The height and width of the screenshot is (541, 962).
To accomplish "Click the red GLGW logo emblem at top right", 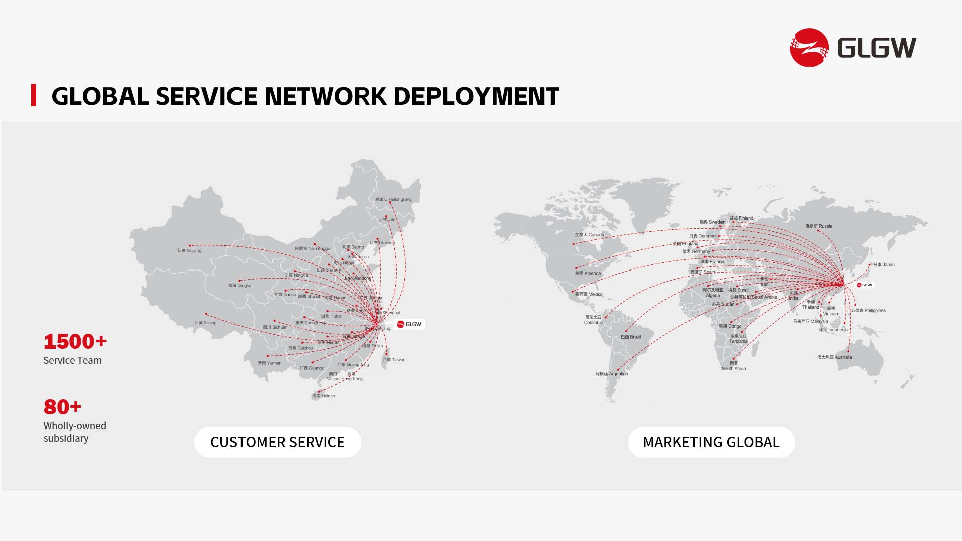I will coord(809,48).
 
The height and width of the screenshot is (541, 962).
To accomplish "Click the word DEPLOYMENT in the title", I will coord(475,96).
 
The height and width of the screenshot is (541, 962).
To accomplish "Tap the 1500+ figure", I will coord(75,342).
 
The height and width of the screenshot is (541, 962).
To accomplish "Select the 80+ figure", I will coord(62,407).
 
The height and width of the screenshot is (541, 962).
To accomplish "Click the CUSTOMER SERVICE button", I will coord(278,442).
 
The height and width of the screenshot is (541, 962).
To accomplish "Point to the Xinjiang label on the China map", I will coord(189,250).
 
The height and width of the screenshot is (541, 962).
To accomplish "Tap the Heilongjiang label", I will coord(393,199).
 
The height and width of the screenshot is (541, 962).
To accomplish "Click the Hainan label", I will coord(324,396).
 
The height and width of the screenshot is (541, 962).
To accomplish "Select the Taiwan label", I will coord(394,360).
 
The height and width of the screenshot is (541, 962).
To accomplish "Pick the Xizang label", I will coord(206,323).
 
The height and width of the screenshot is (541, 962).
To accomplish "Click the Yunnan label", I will coord(270,363).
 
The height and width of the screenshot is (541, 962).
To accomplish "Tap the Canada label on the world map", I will coord(589,234).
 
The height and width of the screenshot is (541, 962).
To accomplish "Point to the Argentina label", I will coord(612,374).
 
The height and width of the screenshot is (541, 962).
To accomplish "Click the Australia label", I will coord(835,357).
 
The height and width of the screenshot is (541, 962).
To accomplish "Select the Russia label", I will coord(819,226).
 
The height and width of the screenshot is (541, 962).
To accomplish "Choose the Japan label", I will coord(884,264).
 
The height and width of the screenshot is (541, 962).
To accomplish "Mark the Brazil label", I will coord(631,337).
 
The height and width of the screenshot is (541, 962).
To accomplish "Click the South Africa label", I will coord(734,366).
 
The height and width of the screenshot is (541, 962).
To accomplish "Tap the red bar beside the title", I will coord(34,95).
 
